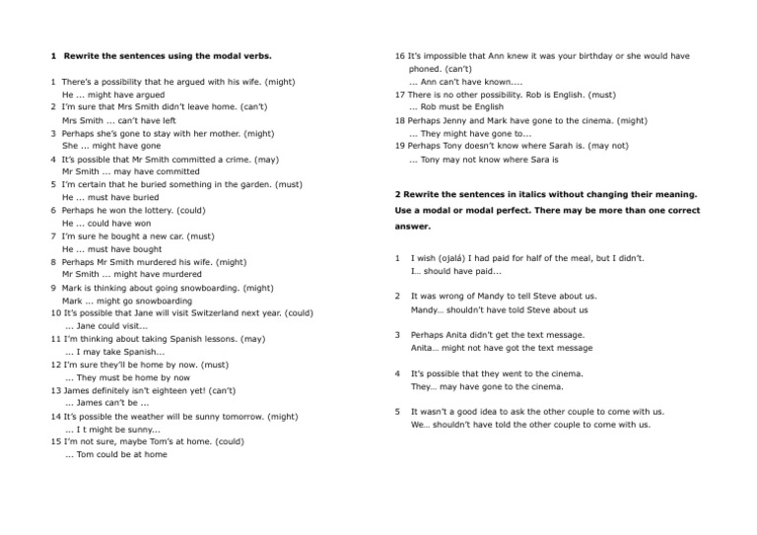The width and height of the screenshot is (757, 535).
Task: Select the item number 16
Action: (x=399, y=56)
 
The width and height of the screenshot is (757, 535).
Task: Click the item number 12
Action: (x=55, y=365)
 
